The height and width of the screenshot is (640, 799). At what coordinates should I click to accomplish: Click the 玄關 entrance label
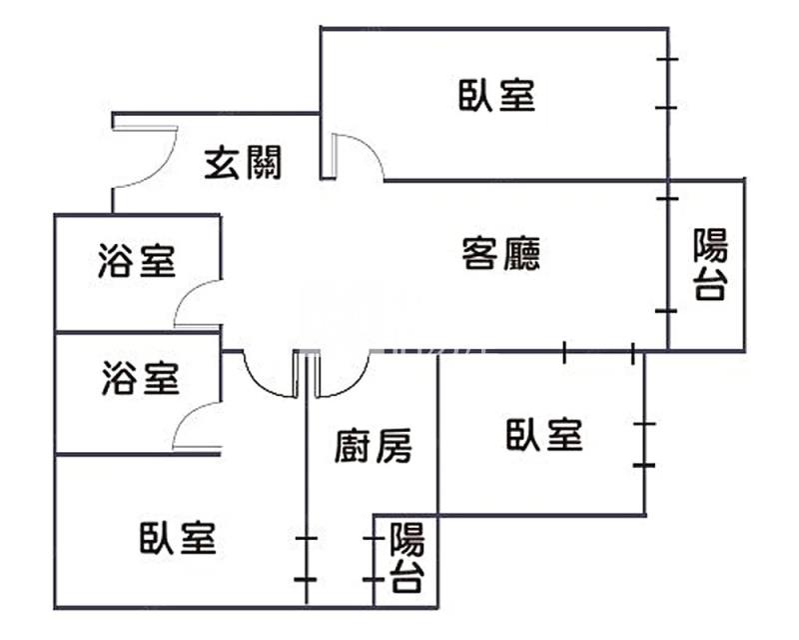243,162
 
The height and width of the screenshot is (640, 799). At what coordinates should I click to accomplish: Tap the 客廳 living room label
501,254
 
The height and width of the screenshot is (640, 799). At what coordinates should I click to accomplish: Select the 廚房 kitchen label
372,447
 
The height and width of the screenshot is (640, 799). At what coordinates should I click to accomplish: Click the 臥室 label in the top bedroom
497,95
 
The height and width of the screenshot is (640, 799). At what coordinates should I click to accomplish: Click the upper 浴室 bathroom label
137,262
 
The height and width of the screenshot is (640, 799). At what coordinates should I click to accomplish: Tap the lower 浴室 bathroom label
140,380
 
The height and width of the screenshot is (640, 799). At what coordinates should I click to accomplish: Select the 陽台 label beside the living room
710,265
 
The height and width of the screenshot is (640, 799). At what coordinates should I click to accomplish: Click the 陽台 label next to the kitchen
405,558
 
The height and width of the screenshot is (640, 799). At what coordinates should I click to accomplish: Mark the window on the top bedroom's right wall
667,84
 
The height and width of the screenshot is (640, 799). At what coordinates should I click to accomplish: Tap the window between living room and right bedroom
598,351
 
